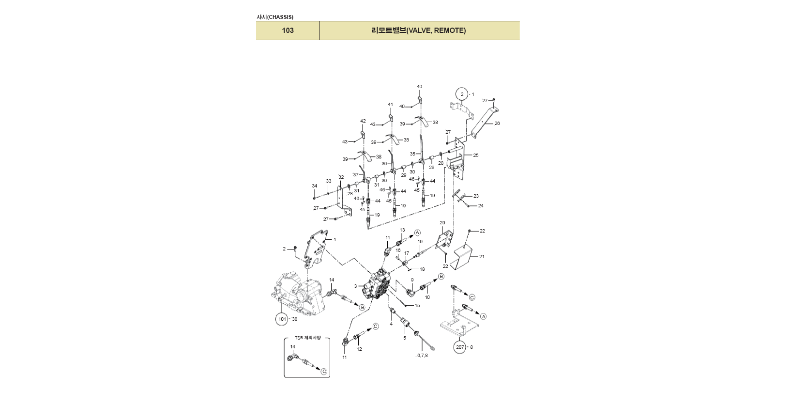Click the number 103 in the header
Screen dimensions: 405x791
[x=288, y=31]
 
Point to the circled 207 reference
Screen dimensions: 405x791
[x=460, y=347]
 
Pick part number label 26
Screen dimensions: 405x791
[x=497, y=124]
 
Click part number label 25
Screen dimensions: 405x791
[x=476, y=156]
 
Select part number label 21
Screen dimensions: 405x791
[x=482, y=257]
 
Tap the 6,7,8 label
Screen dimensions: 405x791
[x=422, y=356]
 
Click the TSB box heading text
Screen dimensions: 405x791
[x=307, y=338]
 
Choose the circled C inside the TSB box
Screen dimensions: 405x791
[x=324, y=372]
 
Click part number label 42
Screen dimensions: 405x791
[x=363, y=121]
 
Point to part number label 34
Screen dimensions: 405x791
[x=314, y=186]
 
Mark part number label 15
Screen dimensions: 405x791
[x=417, y=306]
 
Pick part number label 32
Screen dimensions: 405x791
[x=341, y=177]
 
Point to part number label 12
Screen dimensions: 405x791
[x=359, y=349]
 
